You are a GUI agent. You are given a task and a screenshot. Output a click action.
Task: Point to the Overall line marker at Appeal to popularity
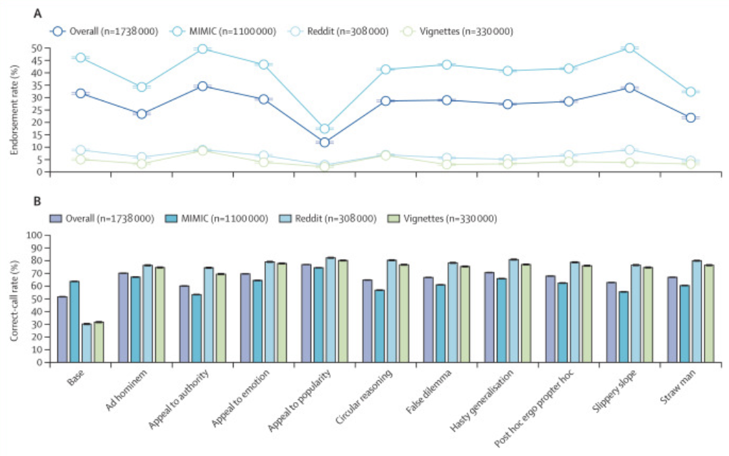coord(325,142)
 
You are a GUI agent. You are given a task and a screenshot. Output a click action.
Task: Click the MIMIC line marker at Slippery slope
coord(629,48)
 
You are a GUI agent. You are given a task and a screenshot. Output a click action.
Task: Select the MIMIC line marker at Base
coord(80,57)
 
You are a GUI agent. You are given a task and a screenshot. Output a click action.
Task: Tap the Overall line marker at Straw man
coord(690,117)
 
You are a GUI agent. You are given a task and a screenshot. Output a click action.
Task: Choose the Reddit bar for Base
coord(86,343)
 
